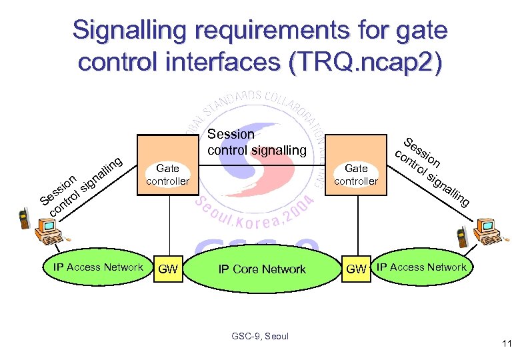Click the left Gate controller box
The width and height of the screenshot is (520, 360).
(167, 166)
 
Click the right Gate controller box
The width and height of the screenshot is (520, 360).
(356, 166)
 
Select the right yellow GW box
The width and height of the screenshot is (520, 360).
(357, 269)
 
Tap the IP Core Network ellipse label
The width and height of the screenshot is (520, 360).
(262, 269)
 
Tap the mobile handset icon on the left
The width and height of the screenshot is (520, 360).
(25, 219)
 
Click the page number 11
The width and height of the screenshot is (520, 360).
(506, 345)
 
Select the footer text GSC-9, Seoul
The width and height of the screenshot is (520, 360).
(260, 336)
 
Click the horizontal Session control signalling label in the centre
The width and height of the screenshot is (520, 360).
(256, 142)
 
